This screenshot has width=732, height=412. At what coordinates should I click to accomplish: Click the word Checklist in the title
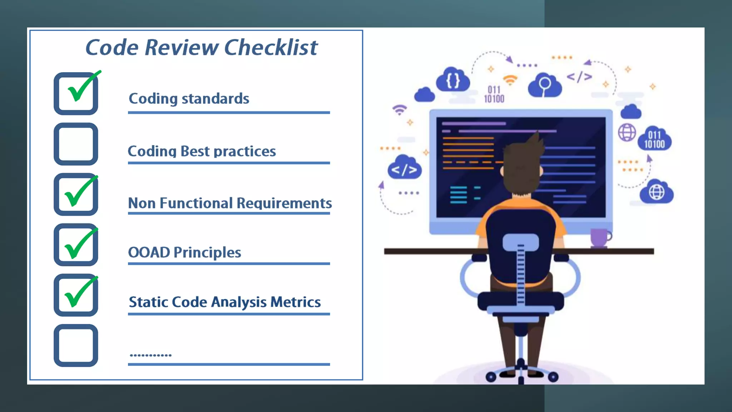(x=271, y=48)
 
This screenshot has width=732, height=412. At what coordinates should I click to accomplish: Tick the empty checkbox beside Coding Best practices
(x=76, y=144)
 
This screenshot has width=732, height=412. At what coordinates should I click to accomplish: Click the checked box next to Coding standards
(x=76, y=94)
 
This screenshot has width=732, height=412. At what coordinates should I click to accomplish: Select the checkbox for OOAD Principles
(x=76, y=245)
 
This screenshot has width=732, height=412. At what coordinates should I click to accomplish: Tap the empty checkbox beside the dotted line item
(x=76, y=345)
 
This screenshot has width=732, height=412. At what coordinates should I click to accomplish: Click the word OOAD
(x=149, y=252)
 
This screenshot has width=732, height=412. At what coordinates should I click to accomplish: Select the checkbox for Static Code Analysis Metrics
(x=76, y=295)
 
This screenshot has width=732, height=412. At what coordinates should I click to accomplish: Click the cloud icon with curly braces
(x=453, y=80)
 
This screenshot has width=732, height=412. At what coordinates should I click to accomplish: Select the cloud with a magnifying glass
(x=545, y=86)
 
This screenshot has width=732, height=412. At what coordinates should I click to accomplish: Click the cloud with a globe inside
(x=656, y=192)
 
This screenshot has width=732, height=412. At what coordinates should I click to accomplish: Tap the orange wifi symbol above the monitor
(x=510, y=80)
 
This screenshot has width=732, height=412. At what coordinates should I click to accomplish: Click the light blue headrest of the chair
(x=520, y=242)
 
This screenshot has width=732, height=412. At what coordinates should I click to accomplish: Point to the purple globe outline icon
(x=627, y=133)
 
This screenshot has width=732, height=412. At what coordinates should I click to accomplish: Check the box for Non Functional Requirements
(x=76, y=195)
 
